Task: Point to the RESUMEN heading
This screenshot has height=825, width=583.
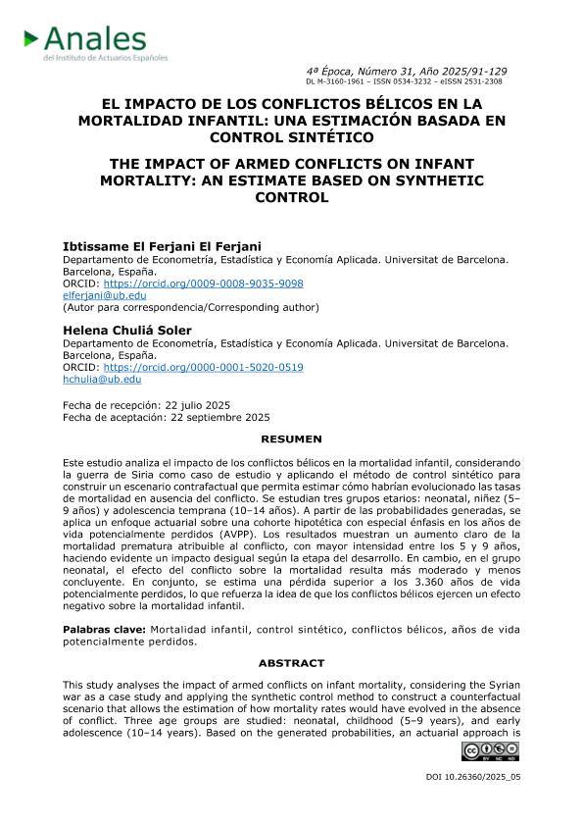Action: [291, 439]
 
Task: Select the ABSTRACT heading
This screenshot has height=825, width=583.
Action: [291, 663]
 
